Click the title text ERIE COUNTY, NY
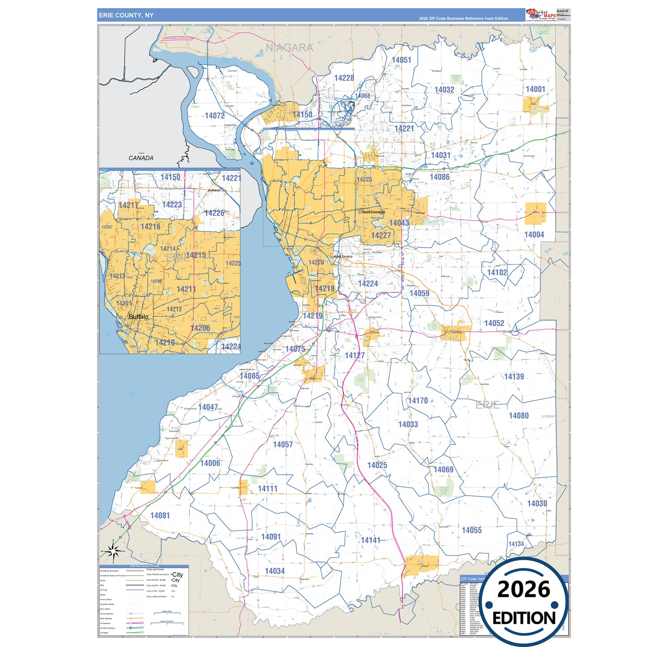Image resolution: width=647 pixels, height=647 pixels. point(126,15)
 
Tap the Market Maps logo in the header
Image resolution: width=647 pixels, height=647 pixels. point(542,15)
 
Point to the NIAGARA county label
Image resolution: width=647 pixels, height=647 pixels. point(289,47)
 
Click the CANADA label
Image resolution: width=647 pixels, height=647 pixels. point(141,158)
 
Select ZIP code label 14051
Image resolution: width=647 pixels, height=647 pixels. point(401,60)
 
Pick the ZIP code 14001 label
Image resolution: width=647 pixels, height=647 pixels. point(536,89)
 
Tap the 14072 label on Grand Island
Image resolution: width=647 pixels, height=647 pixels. point(214,116)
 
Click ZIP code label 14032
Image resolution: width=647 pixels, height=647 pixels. point(444,90)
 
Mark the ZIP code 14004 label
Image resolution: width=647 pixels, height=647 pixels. point(534,235)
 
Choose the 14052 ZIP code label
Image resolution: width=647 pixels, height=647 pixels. point(494,323)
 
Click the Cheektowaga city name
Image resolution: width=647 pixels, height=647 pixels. point(371,212)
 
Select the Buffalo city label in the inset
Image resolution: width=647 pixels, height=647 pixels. point(138,317)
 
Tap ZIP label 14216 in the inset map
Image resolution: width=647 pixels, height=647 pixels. point(150,227)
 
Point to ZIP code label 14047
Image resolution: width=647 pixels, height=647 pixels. point(208,407)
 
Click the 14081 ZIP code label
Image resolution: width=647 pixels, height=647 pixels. point(160,515)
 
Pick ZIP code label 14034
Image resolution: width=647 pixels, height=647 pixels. point(274,571)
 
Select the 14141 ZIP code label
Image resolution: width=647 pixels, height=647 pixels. point(370,540)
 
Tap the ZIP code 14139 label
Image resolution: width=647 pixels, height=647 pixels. point(514,377)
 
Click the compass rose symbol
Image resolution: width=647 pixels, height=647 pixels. point(114,551)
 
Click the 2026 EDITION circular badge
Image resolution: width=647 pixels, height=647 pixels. point(524,602)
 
